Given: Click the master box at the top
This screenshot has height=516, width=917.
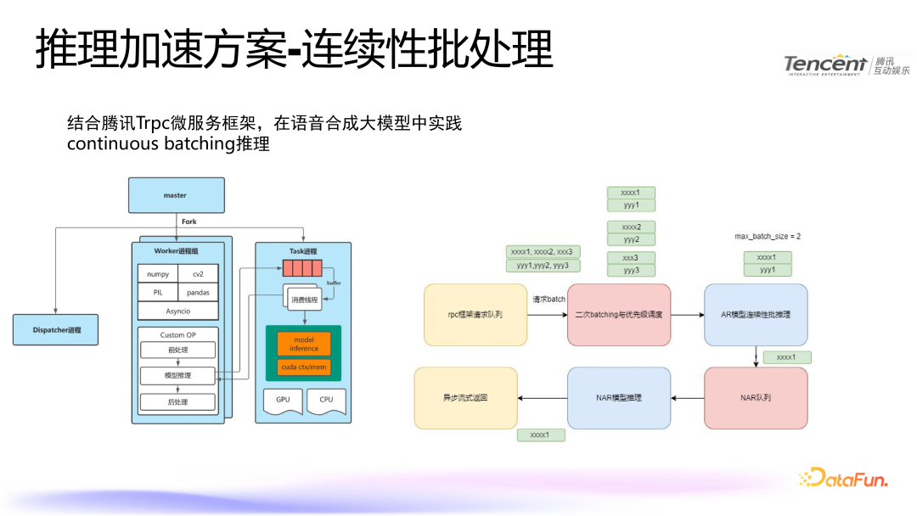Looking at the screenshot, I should [x=176, y=195].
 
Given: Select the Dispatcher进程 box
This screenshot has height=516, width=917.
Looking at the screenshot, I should [x=55, y=329].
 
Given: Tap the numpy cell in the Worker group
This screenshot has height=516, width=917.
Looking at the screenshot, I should [x=158, y=274].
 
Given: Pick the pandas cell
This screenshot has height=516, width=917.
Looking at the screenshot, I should [x=198, y=293].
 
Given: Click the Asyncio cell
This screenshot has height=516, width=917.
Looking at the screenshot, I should [x=177, y=311].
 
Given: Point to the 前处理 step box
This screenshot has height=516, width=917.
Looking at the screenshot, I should [x=177, y=350].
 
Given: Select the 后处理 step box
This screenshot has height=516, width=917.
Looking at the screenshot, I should [x=177, y=402].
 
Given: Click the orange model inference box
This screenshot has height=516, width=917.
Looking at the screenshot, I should [x=303, y=344].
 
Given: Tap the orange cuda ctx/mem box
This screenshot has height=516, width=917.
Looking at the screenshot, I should [x=303, y=368].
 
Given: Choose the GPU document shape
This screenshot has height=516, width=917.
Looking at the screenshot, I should [x=282, y=400].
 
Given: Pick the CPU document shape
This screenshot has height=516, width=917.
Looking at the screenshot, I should [x=326, y=400].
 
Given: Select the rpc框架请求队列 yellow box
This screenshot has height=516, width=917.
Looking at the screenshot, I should [x=475, y=315].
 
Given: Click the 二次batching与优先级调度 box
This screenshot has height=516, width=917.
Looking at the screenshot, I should [x=618, y=315].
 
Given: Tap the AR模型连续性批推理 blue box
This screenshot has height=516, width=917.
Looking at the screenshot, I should [x=756, y=315].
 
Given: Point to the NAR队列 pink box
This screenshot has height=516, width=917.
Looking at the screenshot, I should [x=756, y=397].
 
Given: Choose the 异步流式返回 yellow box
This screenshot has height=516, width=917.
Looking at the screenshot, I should [x=465, y=397].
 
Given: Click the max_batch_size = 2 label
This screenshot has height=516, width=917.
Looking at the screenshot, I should [x=768, y=236].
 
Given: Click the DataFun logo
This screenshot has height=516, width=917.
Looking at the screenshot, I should [x=843, y=479].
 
